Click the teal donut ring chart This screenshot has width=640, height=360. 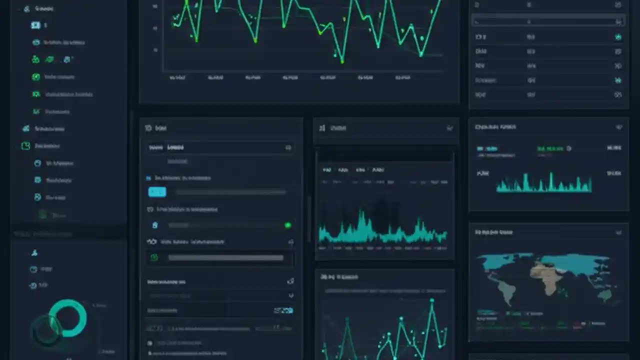tap(68, 318)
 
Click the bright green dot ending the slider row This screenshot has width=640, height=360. tap(287, 225)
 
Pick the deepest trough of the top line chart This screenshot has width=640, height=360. tap(342, 61)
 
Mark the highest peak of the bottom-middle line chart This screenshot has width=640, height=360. tap(432, 300)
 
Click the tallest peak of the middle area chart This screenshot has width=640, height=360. tap(360, 214)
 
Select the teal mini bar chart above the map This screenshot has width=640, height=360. tap(543, 184)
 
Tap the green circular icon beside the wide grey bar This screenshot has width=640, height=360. tap(154, 257)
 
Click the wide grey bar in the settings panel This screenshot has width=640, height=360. tap(225, 258)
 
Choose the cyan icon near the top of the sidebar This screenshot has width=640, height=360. tap(35, 25)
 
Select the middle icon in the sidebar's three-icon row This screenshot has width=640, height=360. tap(49, 59)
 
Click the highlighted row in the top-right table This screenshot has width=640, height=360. tap(548, 22)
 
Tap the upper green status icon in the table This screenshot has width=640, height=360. tap(618, 37)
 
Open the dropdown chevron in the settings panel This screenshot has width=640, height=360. tap(291, 295)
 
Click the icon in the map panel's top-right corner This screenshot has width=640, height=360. tap(618, 232)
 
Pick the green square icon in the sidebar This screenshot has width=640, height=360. tap(25, 146)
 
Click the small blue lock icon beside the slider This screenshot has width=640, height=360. tap(155, 225)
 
